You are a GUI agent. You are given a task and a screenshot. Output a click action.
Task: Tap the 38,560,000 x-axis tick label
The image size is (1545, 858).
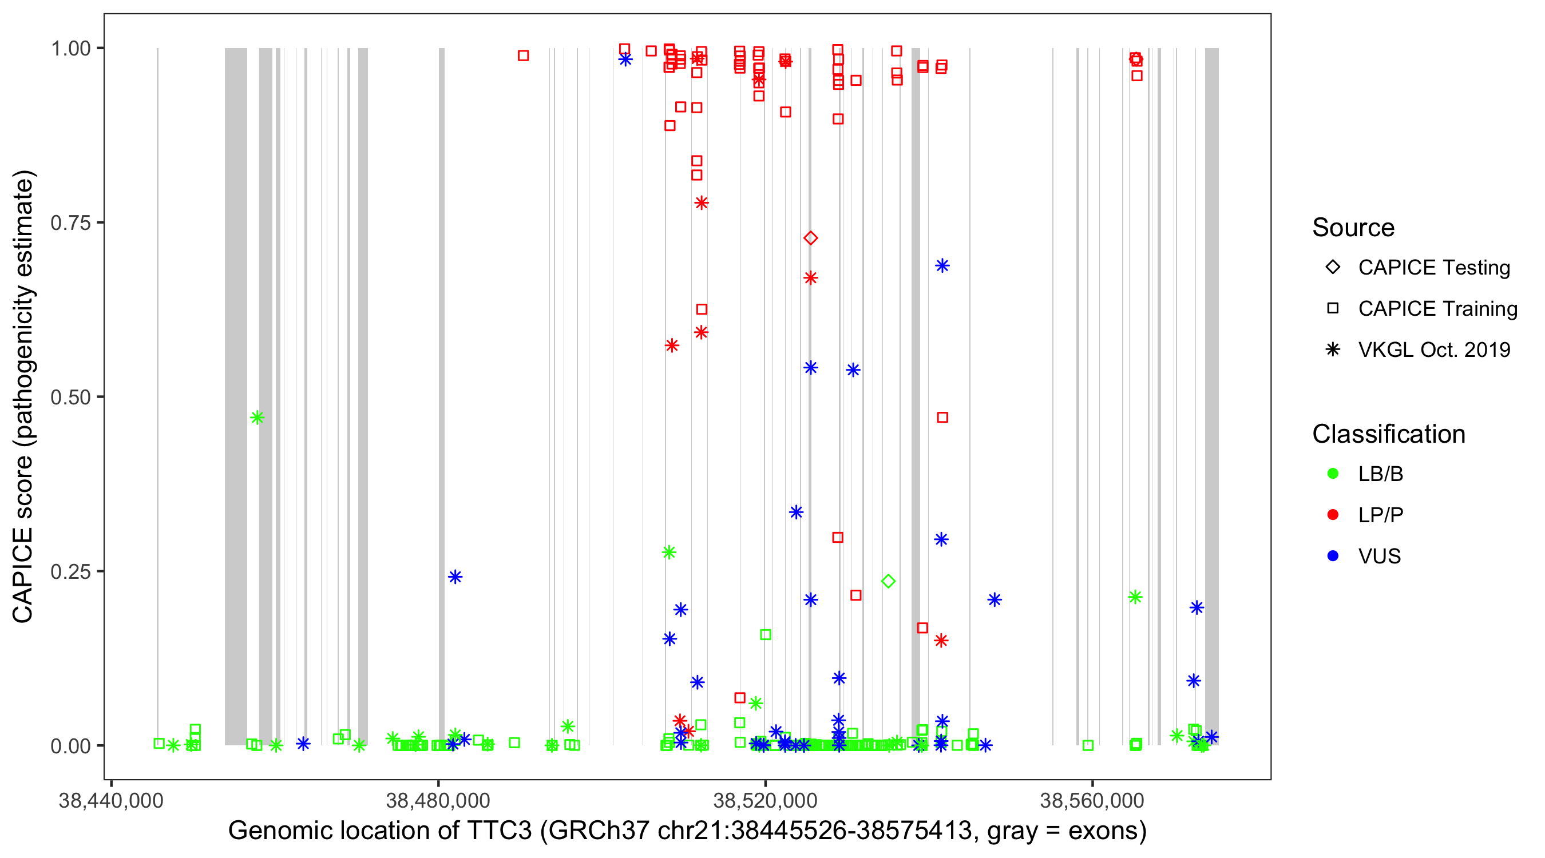coord(1092,800)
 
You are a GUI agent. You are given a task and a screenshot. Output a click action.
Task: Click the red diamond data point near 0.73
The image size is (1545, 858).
coord(810,239)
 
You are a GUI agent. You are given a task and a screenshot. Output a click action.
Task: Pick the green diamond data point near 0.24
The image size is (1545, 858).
coord(888,581)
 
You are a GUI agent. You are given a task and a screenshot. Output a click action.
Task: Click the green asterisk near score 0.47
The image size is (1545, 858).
coord(257,418)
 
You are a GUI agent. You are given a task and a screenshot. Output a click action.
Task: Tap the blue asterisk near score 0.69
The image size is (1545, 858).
coord(942,265)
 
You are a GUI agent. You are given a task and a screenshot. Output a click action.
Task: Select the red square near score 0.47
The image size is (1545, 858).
coord(942,418)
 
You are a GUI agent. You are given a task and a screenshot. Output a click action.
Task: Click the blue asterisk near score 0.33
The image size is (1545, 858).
coord(796,512)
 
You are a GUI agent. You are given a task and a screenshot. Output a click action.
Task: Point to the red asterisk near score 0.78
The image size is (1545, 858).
coord(701,203)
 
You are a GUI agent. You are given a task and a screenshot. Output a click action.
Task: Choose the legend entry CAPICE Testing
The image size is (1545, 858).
coord(1433,268)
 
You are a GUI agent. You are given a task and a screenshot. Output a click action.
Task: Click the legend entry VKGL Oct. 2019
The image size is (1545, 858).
coord(1433,349)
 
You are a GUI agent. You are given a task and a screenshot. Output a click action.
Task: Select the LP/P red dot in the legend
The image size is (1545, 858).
coord(1333,515)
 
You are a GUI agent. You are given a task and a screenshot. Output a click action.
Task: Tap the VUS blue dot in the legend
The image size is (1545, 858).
coord(1333,556)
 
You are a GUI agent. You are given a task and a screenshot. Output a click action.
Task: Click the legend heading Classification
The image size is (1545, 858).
coord(1388,434)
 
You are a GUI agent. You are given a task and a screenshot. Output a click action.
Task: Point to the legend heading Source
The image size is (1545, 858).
coord(1353,228)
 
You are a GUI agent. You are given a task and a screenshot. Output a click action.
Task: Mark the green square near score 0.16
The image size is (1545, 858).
coord(765,634)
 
